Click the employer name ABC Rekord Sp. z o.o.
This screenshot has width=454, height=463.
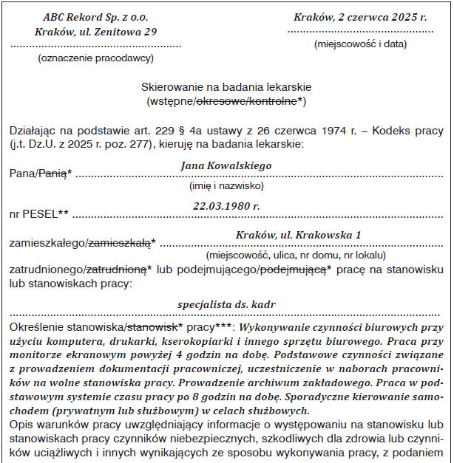click(95, 17)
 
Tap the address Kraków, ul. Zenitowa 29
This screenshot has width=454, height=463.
click(96, 32)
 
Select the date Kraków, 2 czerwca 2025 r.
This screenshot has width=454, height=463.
click(360, 17)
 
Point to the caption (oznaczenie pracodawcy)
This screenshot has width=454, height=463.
click(95, 58)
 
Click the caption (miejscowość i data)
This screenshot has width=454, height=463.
click(360, 44)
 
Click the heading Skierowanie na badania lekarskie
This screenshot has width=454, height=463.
click(226, 86)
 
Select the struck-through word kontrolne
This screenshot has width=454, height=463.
click(275, 100)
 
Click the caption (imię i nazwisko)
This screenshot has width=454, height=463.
click(226, 186)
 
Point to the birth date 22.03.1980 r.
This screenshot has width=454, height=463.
click(226, 206)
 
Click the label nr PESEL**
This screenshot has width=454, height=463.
click(38, 214)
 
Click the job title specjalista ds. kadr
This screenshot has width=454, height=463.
click(226, 304)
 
